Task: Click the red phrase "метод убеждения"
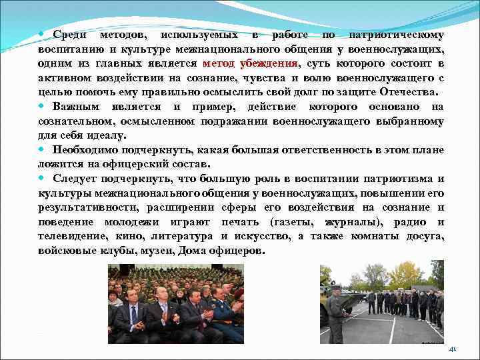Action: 251,63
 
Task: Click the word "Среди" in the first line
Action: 69,35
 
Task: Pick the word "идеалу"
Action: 107,135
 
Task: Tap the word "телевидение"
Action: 71,236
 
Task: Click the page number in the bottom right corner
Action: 453,349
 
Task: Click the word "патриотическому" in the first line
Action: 396,35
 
